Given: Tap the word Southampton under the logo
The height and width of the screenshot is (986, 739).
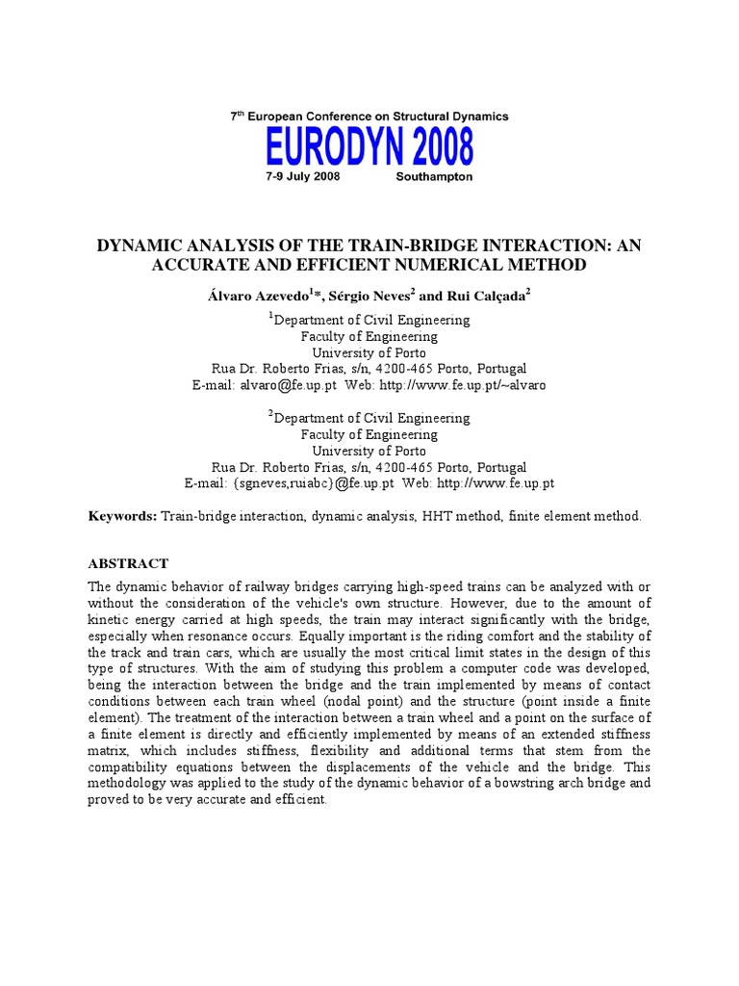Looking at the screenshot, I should pyautogui.click(x=434, y=178).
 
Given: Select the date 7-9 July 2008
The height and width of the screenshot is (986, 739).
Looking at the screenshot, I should pyautogui.click(x=303, y=178).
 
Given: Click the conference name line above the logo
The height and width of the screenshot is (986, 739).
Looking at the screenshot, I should pyautogui.click(x=369, y=116).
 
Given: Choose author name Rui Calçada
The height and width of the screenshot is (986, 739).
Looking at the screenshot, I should pyautogui.click(x=486, y=297).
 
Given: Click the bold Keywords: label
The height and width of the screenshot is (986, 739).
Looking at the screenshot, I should pyautogui.click(x=122, y=516).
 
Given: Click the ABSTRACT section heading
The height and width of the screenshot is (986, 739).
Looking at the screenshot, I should pyautogui.click(x=128, y=563).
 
